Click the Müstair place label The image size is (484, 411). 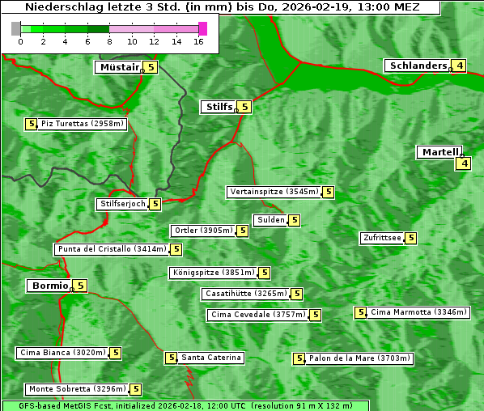click(118, 67)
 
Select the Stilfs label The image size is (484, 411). click(218, 106)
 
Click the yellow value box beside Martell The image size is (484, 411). click(463, 163)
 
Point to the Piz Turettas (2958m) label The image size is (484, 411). click(83, 124)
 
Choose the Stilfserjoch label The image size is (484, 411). click(122, 204)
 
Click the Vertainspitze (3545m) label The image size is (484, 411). click(274, 192)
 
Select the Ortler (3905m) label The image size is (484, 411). click(203, 231)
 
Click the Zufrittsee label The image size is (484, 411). click(382, 238)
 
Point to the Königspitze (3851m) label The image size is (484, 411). click(213, 273)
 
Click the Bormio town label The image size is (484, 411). click(49, 286)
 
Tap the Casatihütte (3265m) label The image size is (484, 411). click(245, 294)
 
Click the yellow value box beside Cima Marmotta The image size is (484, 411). click(361, 312)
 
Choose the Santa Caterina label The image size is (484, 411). click(210, 358)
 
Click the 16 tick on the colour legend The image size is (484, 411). click(198, 42)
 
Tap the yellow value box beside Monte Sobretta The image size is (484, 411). click(136, 389)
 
